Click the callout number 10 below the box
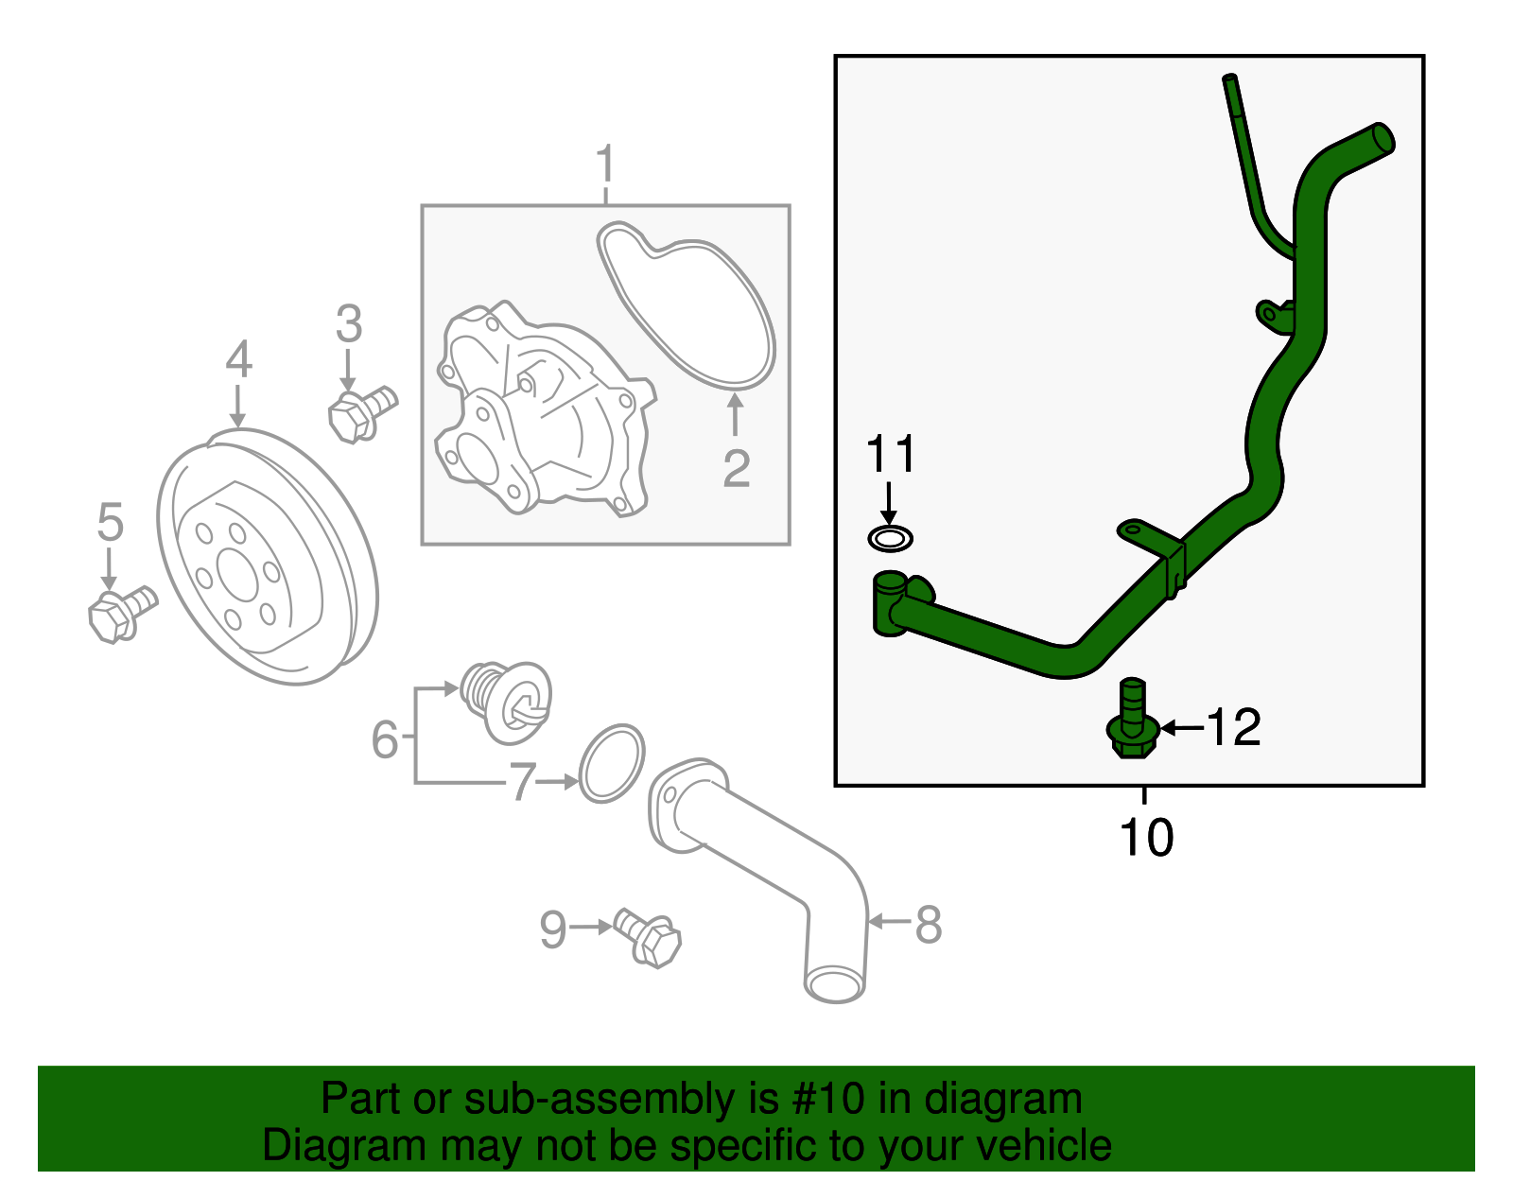click(1145, 838)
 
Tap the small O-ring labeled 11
click(890, 540)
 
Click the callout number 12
click(1234, 727)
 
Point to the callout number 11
click(890, 455)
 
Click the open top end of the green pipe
click(1382, 138)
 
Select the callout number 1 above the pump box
click(605, 165)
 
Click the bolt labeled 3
click(359, 414)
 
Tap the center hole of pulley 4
click(237, 573)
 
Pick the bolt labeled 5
click(119, 613)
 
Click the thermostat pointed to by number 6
click(506, 699)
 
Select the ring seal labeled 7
click(611, 763)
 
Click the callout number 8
click(929, 924)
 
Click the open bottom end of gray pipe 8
click(835, 984)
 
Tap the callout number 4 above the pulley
click(239, 360)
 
